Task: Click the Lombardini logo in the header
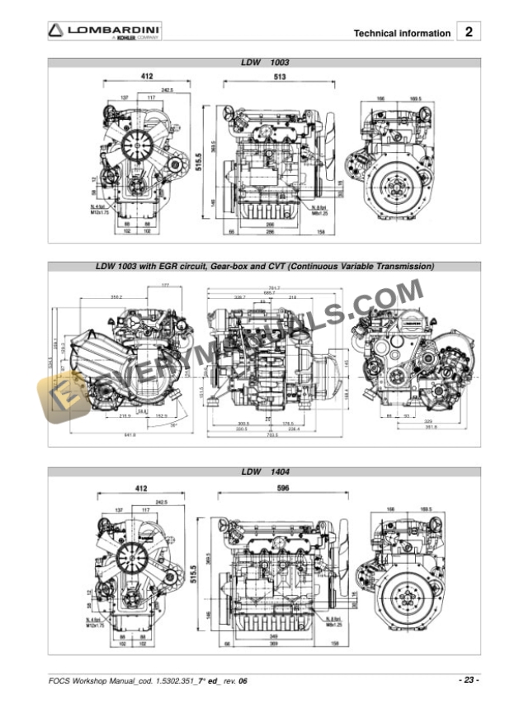click(103, 32)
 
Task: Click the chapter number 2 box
click(469, 32)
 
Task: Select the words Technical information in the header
click(402, 34)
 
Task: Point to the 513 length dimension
click(280, 77)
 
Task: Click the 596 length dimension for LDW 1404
click(283, 489)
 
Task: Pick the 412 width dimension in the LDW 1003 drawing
click(147, 76)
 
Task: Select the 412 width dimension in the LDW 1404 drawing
click(142, 489)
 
